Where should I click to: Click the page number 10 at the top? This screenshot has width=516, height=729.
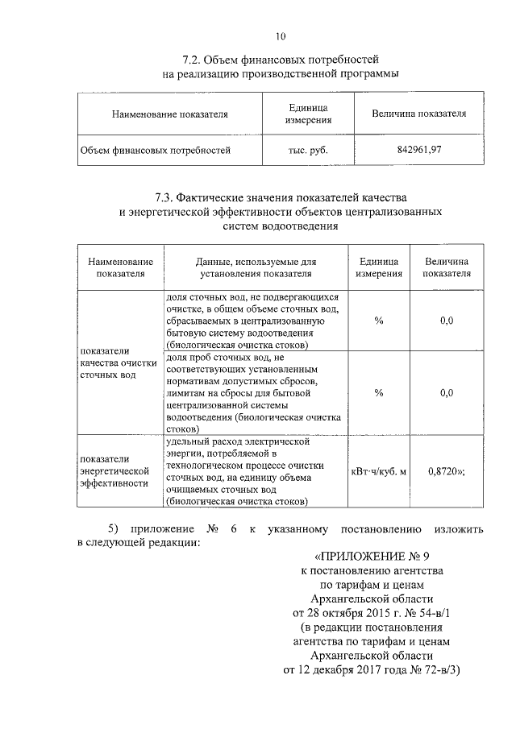(x=280, y=35)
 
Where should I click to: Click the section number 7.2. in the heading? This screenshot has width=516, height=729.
(x=193, y=60)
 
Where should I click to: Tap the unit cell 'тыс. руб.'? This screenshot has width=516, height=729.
(x=308, y=149)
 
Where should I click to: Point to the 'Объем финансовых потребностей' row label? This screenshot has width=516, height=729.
(x=156, y=149)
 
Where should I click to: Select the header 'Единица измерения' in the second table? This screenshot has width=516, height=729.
(x=377, y=267)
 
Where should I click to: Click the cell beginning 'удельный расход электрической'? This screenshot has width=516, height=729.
(x=249, y=471)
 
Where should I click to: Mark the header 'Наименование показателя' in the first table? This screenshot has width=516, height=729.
(x=170, y=114)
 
